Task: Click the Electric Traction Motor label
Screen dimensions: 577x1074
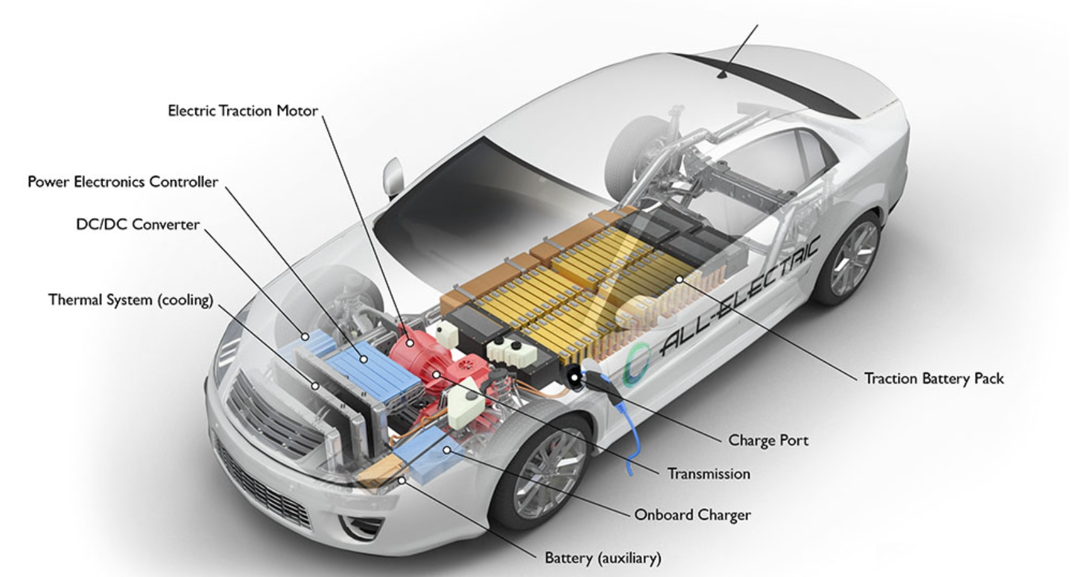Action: point(243,110)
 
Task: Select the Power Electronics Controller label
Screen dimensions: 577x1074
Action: point(123,181)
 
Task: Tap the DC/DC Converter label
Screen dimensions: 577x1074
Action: point(138,225)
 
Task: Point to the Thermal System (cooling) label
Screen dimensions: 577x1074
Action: point(131,300)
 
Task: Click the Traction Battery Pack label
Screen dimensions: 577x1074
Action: point(933,379)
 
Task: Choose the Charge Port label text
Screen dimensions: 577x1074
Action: point(768,440)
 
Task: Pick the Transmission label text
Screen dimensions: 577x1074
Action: point(709,474)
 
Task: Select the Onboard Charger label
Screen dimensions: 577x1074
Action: point(692,515)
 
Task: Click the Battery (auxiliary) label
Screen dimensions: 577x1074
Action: point(603,559)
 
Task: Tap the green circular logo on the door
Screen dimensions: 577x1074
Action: point(636,365)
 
